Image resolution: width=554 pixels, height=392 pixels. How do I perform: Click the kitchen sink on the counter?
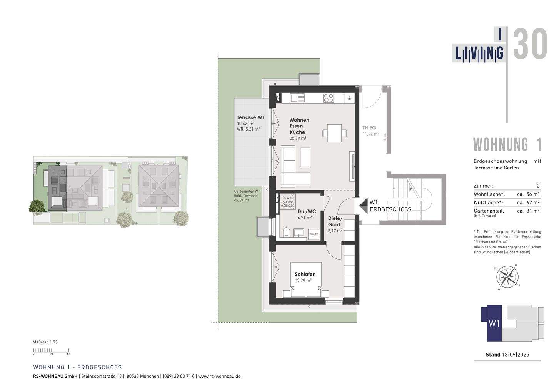coord(297,98)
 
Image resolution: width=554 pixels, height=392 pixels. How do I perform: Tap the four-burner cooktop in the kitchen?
coord(329,98)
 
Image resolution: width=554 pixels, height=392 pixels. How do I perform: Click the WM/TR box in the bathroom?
coord(314,234)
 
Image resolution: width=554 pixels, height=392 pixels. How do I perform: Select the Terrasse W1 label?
coord(250,117)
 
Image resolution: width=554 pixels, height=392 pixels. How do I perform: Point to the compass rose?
coord(507,276)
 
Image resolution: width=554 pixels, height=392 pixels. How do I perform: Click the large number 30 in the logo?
coord(530,44)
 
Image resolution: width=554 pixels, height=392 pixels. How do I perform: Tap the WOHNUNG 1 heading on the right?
coord(507,144)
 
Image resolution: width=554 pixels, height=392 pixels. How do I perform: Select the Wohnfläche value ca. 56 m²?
coord(528,194)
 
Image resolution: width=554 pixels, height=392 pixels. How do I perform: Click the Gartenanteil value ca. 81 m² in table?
coord(528,211)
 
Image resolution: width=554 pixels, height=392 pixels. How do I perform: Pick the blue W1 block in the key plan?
coord(494,323)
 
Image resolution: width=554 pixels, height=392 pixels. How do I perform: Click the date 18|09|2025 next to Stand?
coord(516,355)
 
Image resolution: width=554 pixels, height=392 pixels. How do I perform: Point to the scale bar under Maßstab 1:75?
coord(51,351)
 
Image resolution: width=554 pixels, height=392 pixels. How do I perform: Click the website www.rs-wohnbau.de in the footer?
coord(219,376)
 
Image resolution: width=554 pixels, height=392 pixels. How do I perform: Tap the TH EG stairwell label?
coord(369,128)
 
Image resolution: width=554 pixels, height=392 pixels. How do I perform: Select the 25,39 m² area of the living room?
coord(298,138)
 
